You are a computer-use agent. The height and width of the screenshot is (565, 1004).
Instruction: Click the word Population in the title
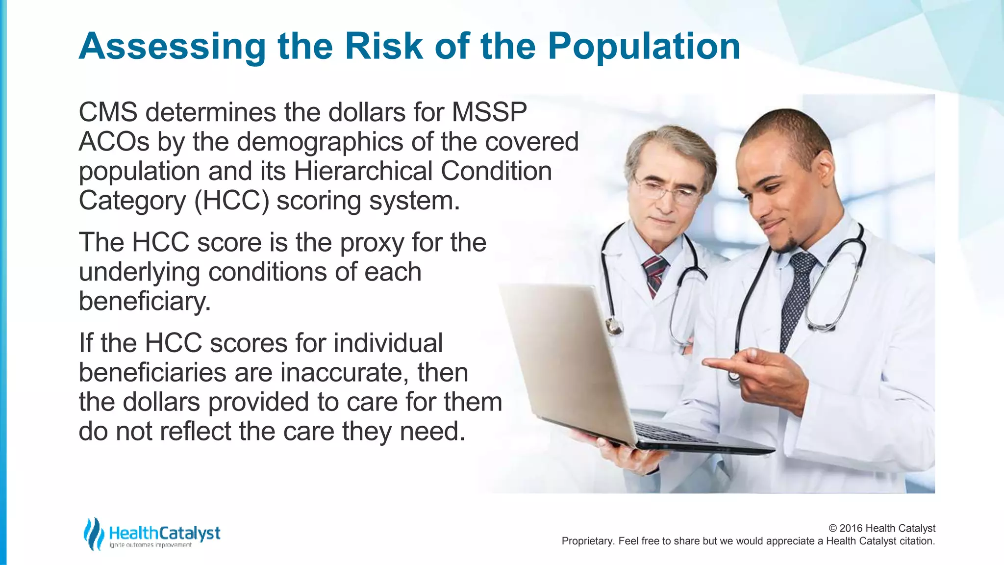(643, 47)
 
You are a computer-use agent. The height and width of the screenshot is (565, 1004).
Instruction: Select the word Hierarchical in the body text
(363, 171)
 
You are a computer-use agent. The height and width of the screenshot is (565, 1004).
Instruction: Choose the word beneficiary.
(145, 302)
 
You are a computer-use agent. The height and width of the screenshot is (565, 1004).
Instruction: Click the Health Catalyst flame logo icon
(93, 534)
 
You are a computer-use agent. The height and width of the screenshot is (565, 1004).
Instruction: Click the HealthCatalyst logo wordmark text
(164, 533)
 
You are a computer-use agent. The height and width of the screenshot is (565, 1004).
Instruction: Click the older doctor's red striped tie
(654, 275)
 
